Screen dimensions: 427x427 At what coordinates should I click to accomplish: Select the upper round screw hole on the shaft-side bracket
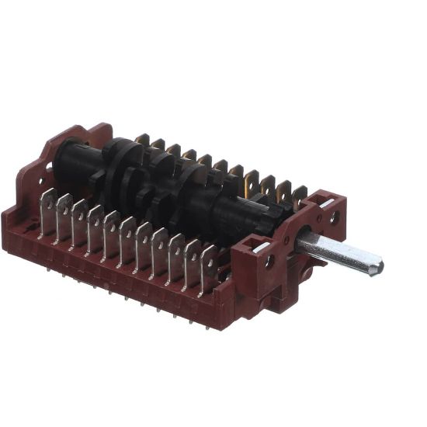[334, 218]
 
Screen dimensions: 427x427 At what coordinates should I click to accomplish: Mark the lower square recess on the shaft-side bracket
[254, 248]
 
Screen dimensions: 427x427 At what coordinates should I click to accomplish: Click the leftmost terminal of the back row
[142, 142]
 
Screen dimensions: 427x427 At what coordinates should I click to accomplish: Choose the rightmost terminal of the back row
[299, 195]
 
